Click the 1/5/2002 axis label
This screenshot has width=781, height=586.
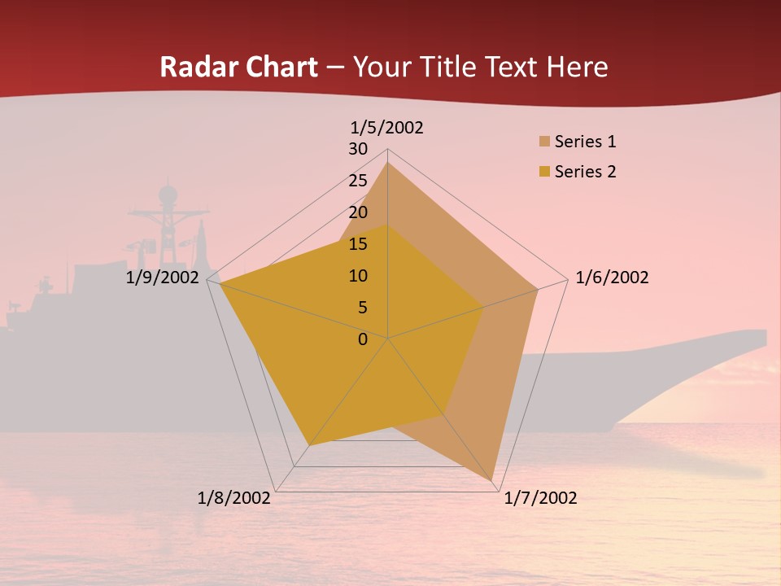point(386,128)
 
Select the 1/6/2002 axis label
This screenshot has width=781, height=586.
point(612,278)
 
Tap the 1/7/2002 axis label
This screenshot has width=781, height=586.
point(540,498)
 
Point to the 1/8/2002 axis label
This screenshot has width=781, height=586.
point(234,498)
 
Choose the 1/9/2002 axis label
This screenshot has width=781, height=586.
point(162,278)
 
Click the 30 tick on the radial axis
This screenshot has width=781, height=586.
point(358,149)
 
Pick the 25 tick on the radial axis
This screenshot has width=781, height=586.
point(358,181)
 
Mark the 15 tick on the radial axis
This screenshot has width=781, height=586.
point(358,244)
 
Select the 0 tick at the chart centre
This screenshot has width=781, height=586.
point(363,339)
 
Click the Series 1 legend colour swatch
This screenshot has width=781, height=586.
point(544,142)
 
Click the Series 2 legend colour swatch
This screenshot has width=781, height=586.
point(544,172)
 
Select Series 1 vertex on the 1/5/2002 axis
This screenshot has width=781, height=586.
point(388,162)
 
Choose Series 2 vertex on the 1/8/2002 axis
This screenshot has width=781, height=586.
point(309,445)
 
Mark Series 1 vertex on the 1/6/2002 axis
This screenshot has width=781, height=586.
point(538,289)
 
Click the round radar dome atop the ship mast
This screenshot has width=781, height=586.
point(168,195)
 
